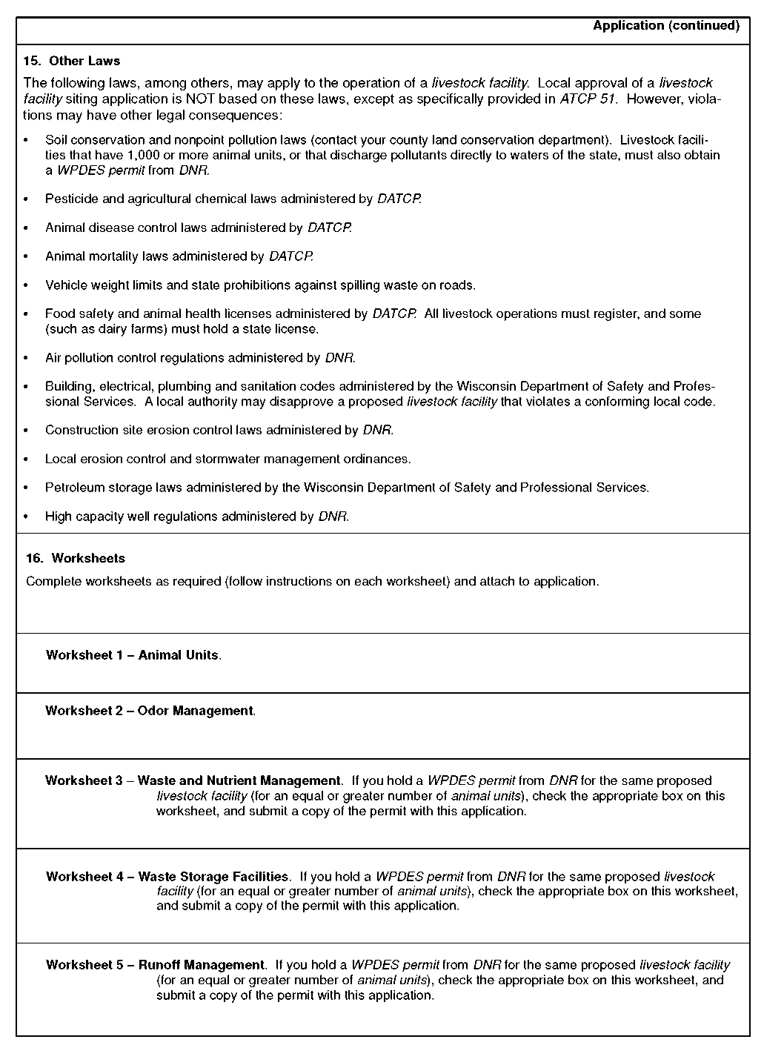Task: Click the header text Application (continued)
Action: (665, 26)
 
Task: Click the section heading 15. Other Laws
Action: (72, 61)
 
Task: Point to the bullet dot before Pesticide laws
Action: (27, 199)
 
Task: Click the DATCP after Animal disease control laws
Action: (329, 228)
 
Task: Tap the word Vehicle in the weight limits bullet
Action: (64, 285)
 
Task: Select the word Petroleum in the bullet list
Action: (73, 488)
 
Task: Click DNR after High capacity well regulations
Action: (333, 517)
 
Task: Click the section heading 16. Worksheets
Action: (76, 558)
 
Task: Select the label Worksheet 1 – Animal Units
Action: (133, 655)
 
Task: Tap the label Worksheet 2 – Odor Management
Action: (150, 711)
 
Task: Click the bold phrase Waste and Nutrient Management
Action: (239, 780)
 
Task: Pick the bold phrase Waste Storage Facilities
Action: (213, 877)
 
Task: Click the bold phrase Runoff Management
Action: (201, 965)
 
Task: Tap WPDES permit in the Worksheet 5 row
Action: (394, 965)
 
